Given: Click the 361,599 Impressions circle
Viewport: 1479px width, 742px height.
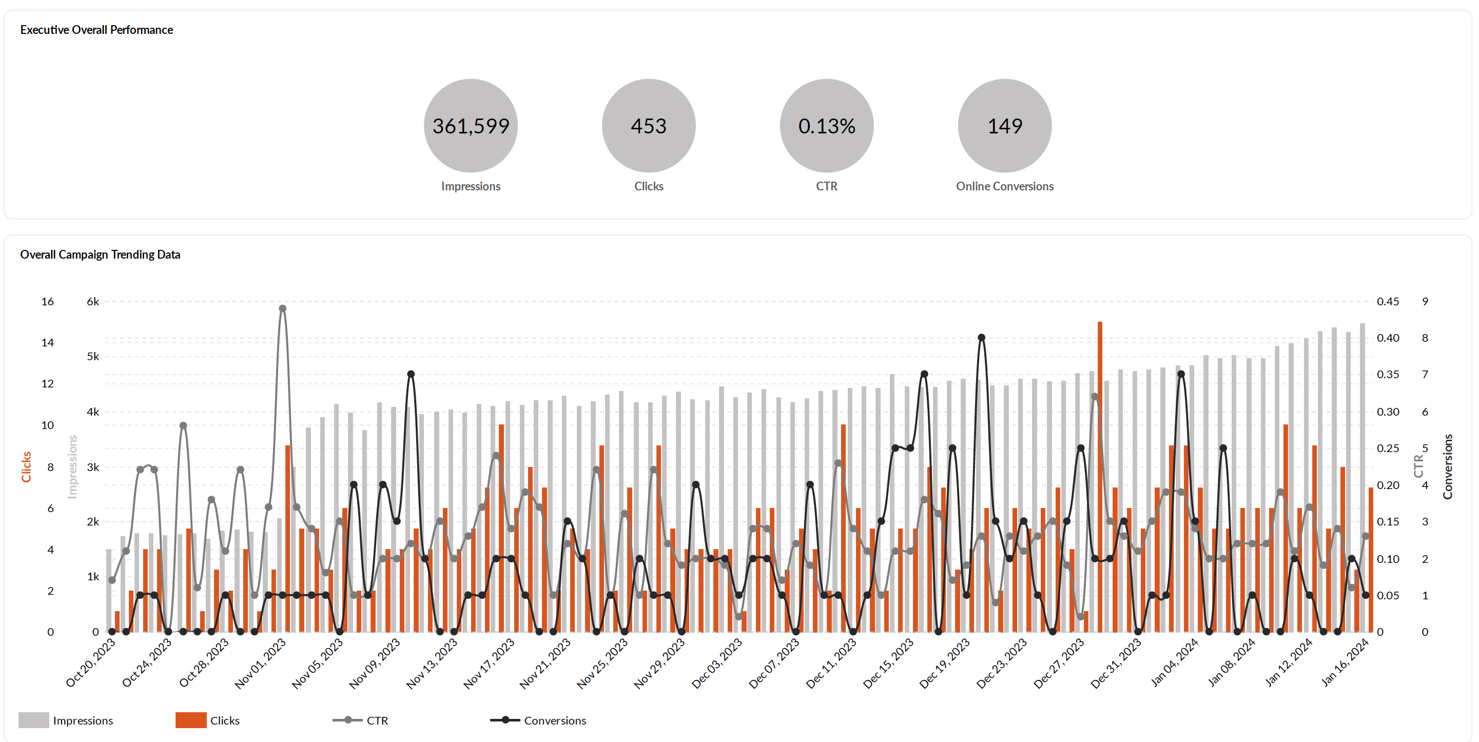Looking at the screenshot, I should pyautogui.click(x=470, y=126).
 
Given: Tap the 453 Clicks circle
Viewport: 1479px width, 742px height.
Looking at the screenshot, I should pyautogui.click(x=648, y=126).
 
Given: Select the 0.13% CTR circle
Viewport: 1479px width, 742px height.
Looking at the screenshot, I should pyautogui.click(x=826, y=126).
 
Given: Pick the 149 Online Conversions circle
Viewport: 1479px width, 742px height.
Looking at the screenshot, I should pyautogui.click(x=1004, y=126).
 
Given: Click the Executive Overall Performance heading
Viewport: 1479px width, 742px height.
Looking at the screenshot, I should pyautogui.click(x=96, y=30).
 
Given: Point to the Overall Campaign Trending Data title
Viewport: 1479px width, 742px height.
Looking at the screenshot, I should pyautogui.click(x=100, y=255).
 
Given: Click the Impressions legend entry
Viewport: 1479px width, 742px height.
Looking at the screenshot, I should pyautogui.click(x=66, y=720).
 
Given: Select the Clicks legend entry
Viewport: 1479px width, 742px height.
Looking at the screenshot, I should pyautogui.click(x=208, y=720).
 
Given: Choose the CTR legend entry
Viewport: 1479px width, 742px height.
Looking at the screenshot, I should pyautogui.click(x=361, y=720).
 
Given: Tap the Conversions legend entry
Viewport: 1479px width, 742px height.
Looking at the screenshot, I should pyautogui.click(x=538, y=720).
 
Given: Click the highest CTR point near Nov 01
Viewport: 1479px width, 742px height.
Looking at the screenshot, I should pyautogui.click(x=282, y=308).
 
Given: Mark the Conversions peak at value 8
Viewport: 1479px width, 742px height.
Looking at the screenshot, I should pyautogui.click(x=981, y=338).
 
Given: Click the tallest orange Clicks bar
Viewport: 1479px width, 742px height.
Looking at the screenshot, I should pyautogui.click(x=1099, y=477).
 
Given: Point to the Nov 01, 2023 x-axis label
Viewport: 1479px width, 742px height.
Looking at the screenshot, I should pyautogui.click(x=261, y=663).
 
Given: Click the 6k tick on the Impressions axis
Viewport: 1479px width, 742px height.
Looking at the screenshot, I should pyautogui.click(x=92, y=302).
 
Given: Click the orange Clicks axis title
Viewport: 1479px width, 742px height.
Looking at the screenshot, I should pyautogui.click(x=26, y=466).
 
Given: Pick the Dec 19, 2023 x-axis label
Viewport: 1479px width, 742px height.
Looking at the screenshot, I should pyautogui.click(x=945, y=663).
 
